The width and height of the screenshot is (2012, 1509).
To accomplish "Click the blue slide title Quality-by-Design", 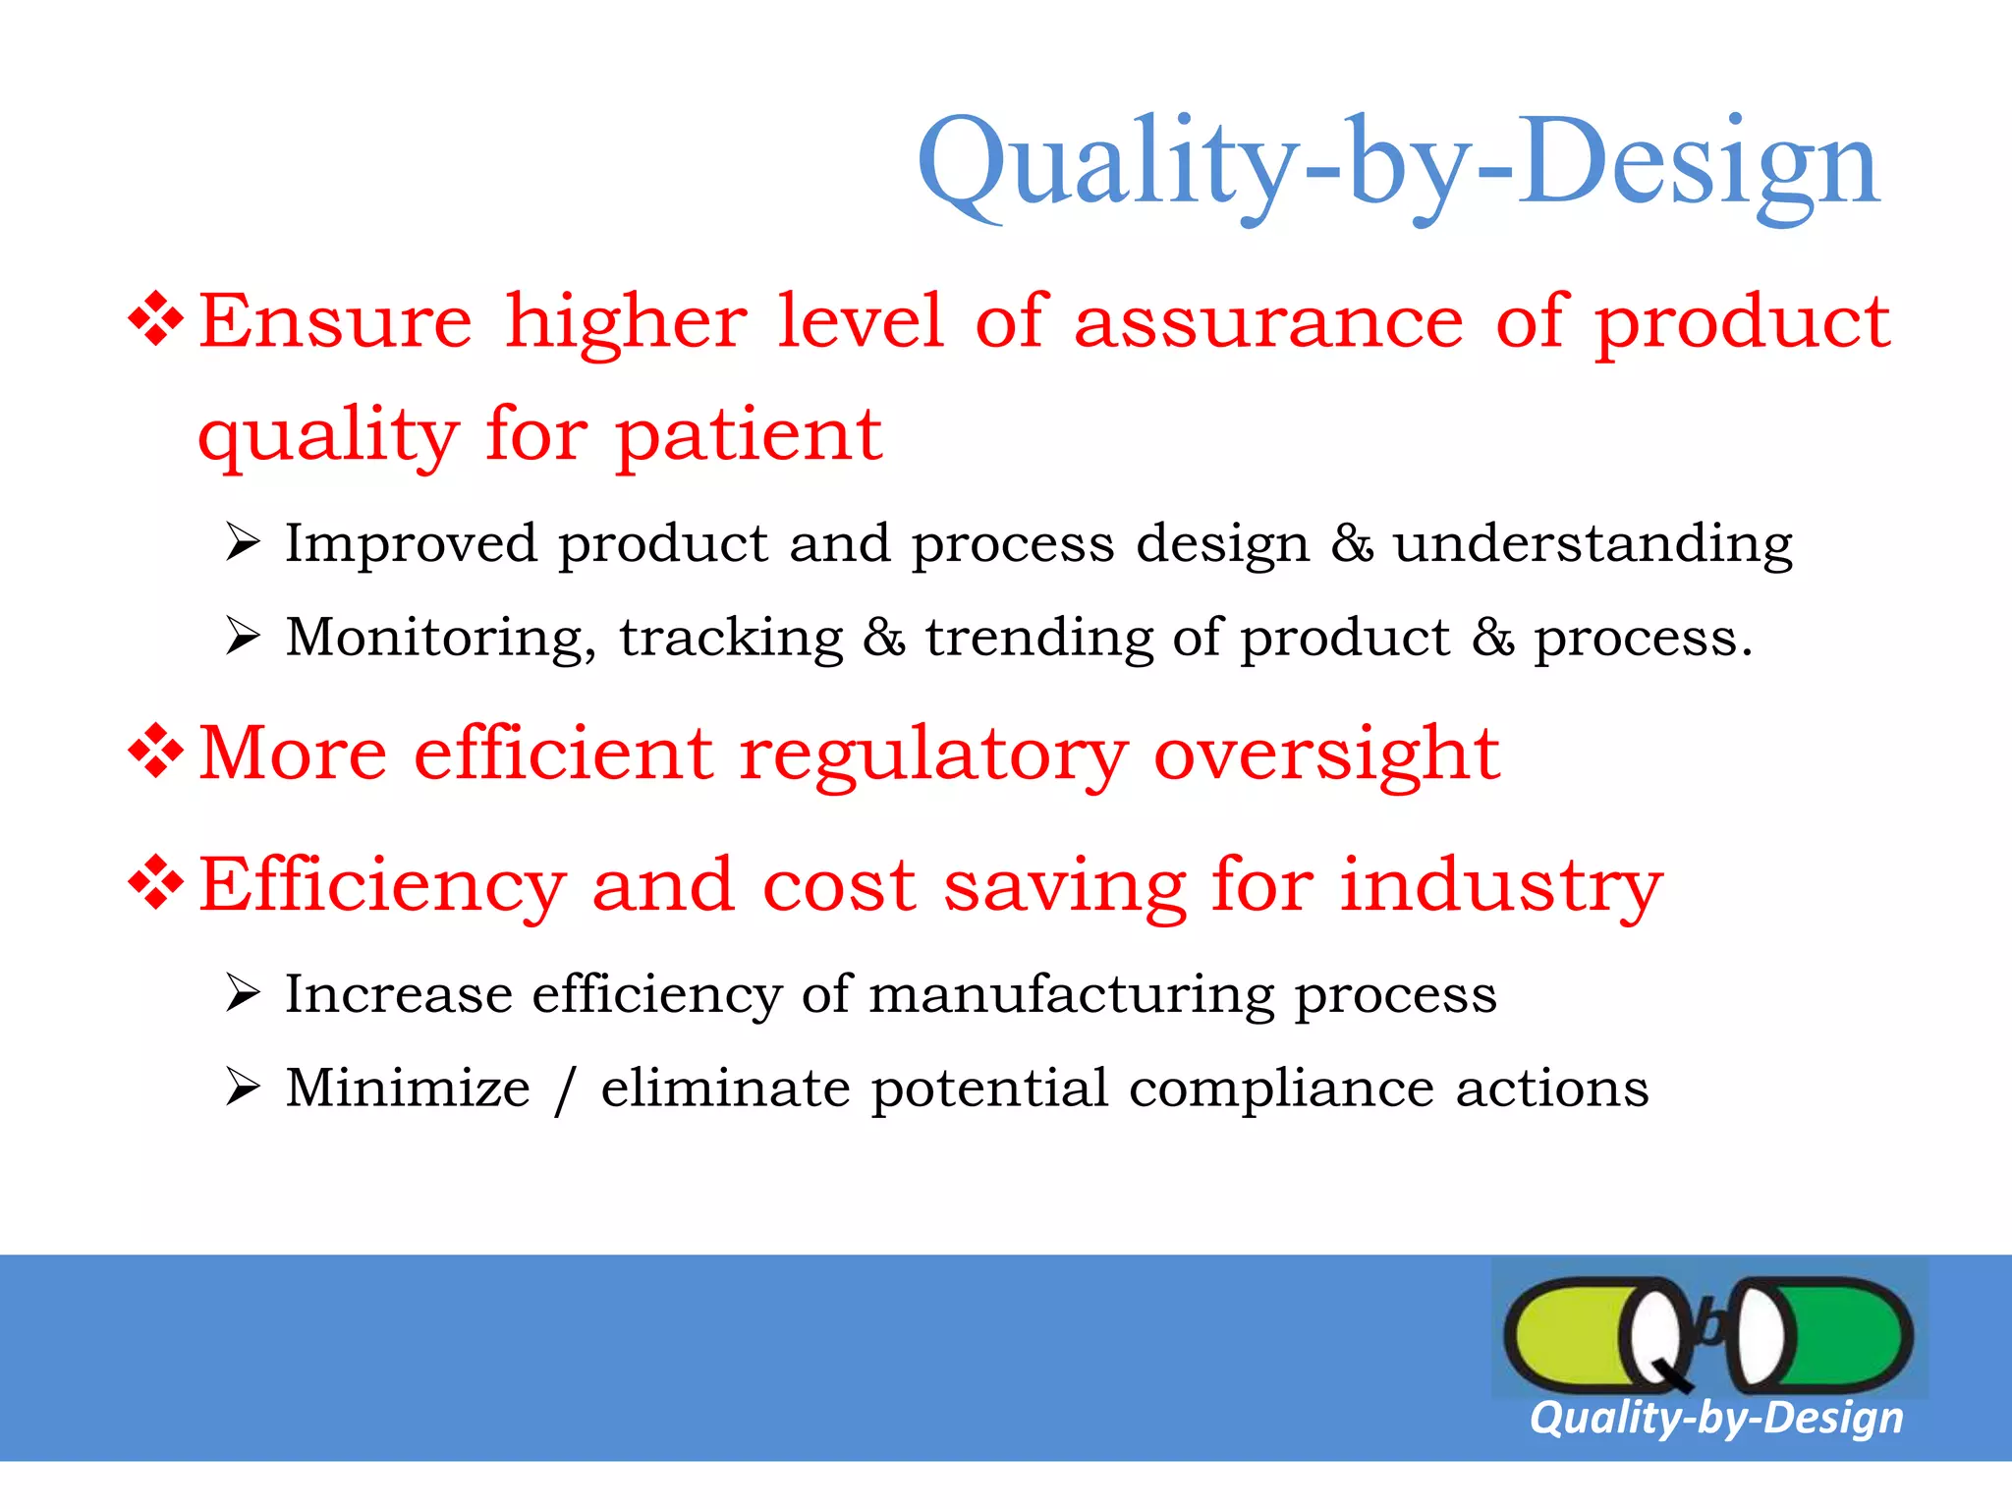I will pos(1397,162).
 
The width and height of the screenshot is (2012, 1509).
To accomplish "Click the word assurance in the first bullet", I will pos(1268,322).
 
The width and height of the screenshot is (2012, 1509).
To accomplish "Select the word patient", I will pos(749,435).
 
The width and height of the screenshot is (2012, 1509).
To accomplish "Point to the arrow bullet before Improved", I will pos(242,542).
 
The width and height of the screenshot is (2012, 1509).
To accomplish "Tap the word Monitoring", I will pos(440,639).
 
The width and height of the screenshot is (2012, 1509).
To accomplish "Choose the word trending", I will pos(1038,639).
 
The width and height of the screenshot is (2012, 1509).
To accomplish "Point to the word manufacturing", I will pos(1071,994).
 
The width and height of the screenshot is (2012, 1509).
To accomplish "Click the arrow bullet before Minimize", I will pos(242,1088).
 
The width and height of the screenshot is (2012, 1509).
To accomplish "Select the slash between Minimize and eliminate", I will pos(564,1090).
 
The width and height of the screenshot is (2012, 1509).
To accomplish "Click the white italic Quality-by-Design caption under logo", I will pos(1715,1418).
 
